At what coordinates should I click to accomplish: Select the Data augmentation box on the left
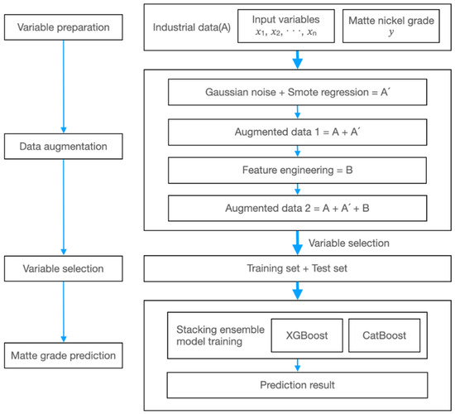tap(63, 148)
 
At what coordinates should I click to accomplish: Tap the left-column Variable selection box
tap(63, 269)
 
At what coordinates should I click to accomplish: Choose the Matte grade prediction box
tap(63, 357)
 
